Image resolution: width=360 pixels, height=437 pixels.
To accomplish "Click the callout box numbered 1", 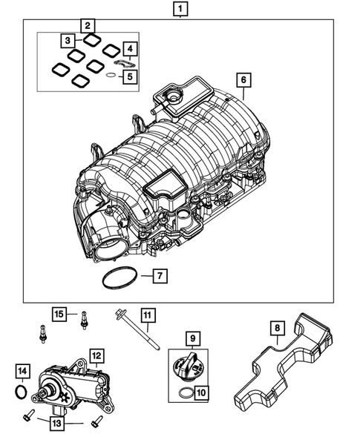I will pos(179,10).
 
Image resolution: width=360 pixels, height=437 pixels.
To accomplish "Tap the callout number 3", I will pos(68,39).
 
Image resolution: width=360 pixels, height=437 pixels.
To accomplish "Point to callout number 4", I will pos(130,50).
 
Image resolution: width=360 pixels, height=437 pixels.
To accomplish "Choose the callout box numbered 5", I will pos(130,76).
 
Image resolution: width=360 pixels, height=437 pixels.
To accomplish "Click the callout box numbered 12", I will pos(96,355).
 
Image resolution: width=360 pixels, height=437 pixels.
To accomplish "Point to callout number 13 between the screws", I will pos(58,423).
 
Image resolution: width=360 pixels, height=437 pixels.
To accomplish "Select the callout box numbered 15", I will pos(59,314).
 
